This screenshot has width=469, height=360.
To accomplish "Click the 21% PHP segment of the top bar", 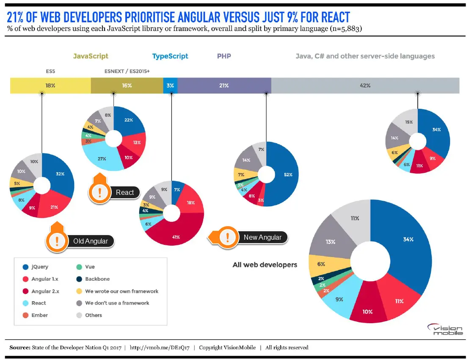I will [x=224, y=86].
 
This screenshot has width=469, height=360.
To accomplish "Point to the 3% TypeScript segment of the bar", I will [x=170, y=86].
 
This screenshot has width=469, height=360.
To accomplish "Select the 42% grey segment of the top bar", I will [x=365, y=86].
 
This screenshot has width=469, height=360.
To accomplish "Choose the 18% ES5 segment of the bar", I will [x=50, y=86].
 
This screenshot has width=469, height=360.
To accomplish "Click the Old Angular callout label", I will [x=91, y=241].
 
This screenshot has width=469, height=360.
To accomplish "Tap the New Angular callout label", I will [x=262, y=237].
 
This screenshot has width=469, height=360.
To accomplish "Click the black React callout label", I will [x=125, y=192].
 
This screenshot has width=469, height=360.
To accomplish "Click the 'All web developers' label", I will [x=265, y=265].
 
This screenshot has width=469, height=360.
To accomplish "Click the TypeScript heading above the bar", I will [x=170, y=56].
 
